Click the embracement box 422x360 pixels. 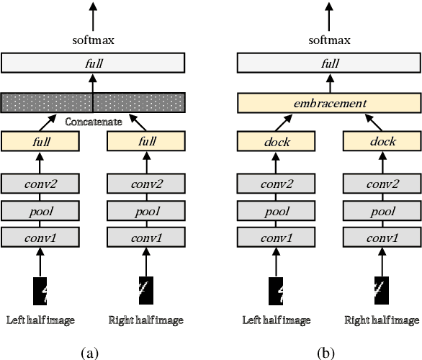pyautogui.click(x=329, y=104)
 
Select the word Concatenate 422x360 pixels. pyautogui.click(x=91, y=122)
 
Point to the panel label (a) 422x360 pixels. pyautogui.click(x=90, y=353)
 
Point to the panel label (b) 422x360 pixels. pyautogui.click(x=328, y=353)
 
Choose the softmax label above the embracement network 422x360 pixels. pyautogui.click(x=329, y=40)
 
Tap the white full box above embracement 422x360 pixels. pyautogui.click(x=329, y=63)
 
